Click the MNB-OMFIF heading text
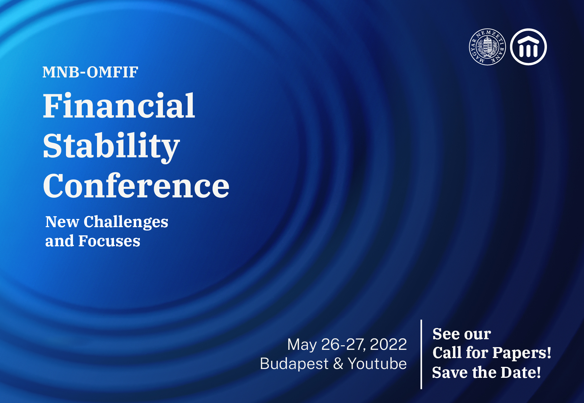click(x=90, y=72)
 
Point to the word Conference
click(x=136, y=186)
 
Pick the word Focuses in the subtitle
click(x=109, y=241)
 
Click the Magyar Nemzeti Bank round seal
click(x=487, y=47)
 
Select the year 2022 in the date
click(x=388, y=344)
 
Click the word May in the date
click(x=302, y=345)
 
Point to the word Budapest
click(x=294, y=364)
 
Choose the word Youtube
click(x=377, y=364)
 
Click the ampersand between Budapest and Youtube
click(x=338, y=364)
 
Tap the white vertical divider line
click(x=421, y=354)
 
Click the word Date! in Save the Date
click(x=521, y=372)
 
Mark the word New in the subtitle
click(x=62, y=222)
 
